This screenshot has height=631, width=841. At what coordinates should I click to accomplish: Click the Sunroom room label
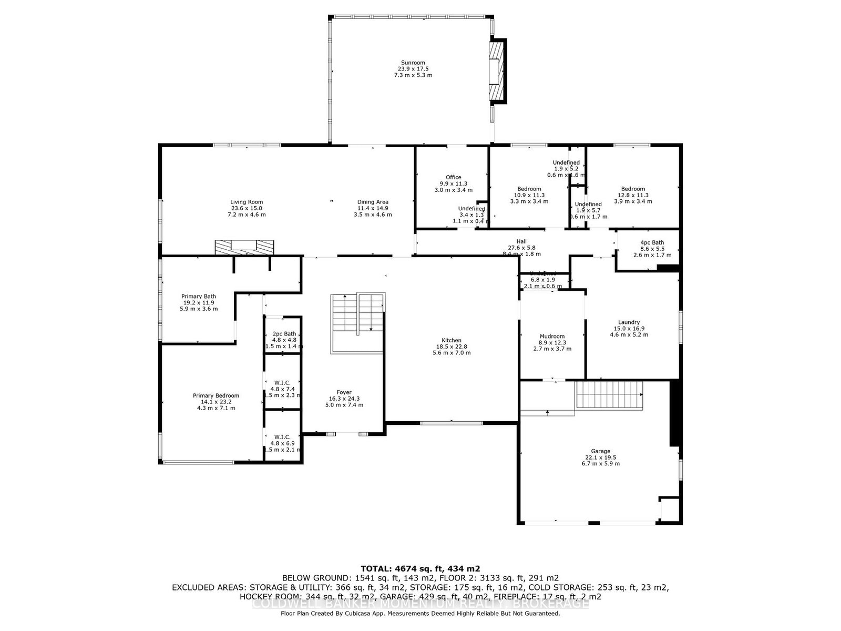point(413,63)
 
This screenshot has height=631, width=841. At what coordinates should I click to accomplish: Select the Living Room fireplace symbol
point(244,247)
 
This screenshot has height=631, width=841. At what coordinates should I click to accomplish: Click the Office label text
point(453,177)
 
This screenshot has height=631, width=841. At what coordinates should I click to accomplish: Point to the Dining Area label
point(373,202)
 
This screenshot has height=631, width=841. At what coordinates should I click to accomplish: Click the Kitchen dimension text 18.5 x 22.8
point(452,347)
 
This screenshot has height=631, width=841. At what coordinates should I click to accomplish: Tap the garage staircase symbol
point(610,395)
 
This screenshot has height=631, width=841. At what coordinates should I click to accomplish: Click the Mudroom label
point(552,337)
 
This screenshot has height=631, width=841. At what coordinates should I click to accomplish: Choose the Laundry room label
point(629,322)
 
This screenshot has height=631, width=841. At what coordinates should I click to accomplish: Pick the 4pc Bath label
point(652,242)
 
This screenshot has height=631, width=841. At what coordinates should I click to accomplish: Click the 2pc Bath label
point(284,334)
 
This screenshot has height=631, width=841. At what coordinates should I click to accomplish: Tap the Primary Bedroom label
point(216,395)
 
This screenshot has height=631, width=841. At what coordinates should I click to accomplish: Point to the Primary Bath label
point(199,296)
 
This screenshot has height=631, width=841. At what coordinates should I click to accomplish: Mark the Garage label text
point(600,451)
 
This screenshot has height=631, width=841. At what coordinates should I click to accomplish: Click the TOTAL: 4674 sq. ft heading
point(420,568)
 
